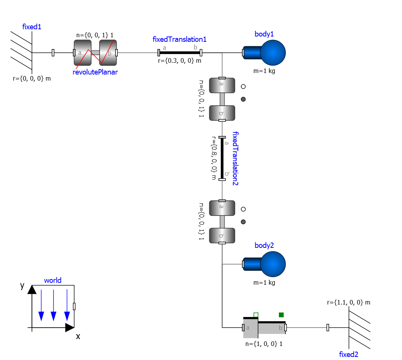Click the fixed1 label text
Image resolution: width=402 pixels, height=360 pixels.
[x=32, y=27]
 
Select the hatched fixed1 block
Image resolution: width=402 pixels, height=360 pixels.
[x=32, y=52]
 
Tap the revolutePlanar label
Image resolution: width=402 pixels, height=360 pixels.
[x=95, y=72]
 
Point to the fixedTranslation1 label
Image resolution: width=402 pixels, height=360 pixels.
[x=179, y=39]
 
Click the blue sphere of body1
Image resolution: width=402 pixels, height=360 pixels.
[x=272, y=53]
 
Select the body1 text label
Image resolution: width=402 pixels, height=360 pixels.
[x=264, y=34]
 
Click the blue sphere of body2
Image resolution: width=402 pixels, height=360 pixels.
[x=272, y=264]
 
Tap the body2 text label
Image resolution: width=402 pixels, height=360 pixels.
[x=264, y=245]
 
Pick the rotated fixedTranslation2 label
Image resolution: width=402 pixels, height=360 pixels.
[x=235, y=158]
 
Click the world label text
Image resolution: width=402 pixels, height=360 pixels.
[x=52, y=281]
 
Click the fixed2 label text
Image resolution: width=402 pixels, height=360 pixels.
[x=348, y=354]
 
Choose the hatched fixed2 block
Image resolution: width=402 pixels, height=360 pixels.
[x=349, y=327]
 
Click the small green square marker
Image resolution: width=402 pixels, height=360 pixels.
[x=281, y=315]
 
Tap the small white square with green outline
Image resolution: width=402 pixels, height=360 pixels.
[x=256, y=315]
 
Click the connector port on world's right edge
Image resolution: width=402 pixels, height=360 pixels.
[x=74, y=306]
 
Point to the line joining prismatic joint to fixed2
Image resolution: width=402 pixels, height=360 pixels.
[x=306, y=328]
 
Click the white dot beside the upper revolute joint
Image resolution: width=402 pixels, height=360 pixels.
[x=243, y=87]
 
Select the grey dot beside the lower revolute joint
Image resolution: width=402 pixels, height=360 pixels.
[x=243, y=222]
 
